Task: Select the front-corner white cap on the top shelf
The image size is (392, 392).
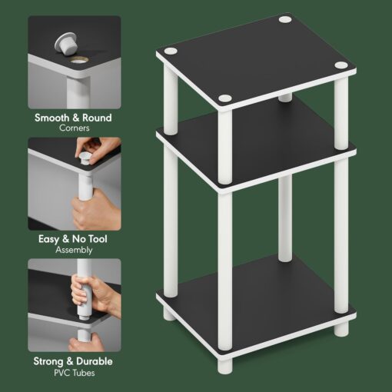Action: [224, 98]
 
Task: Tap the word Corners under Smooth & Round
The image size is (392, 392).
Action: [75, 128]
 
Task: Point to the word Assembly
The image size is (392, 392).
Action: [75, 250]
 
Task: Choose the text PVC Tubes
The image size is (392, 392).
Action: [75, 372]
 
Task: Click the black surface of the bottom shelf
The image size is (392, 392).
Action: [254, 296]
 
